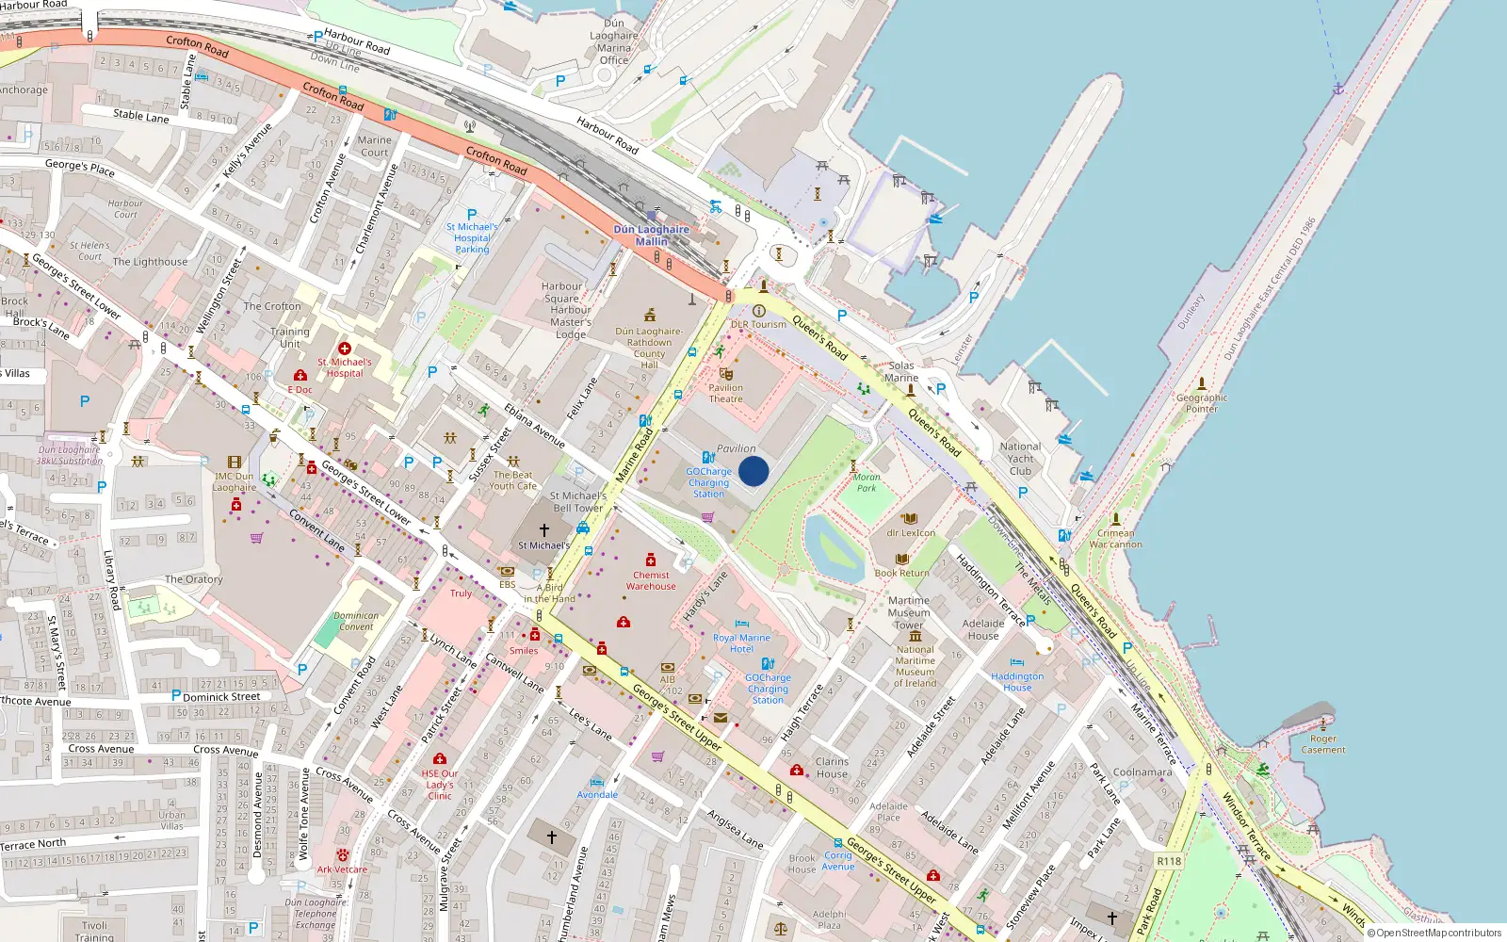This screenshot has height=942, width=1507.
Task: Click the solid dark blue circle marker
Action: point(753,471)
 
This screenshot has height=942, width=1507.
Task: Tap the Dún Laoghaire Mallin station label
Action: point(651,235)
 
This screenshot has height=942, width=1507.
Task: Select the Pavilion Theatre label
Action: point(725,393)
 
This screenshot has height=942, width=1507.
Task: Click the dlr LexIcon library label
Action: point(911,532)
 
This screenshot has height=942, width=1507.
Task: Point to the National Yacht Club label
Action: point(1020,459)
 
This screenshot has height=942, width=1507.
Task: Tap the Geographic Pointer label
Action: point(1202,403)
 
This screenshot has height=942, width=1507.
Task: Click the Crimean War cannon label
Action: point(1115,539)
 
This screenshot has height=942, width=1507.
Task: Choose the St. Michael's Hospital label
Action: point(344,367)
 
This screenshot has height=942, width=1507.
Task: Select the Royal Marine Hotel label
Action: point(741,643)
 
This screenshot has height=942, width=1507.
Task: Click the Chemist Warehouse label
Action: point(651,580)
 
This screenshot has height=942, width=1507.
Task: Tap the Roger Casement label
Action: point(1323,744)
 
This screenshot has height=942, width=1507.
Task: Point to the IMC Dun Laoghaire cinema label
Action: point(234,481)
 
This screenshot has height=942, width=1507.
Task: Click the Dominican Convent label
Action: point(356,621)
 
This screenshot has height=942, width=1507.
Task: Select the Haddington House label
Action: point(1017,681)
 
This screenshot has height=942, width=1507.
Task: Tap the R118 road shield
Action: point(1169,861)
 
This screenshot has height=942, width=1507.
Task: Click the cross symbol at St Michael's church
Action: point(543,530)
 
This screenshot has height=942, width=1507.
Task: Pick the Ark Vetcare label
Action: point(342,869)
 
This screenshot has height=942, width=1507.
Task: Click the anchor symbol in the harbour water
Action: point(1337,88)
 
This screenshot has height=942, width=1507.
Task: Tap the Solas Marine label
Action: point(901,371)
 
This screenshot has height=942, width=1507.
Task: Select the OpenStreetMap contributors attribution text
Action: point(1434,934)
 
